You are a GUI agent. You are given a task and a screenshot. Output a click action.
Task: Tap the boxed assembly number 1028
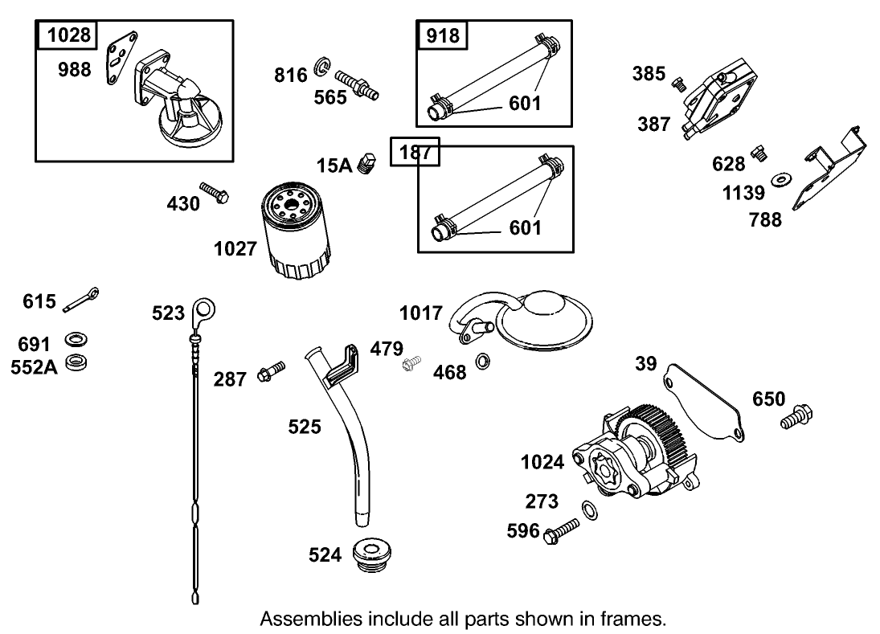(x=67, y=35)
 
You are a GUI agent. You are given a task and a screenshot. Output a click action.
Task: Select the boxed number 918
(x=442, y=35)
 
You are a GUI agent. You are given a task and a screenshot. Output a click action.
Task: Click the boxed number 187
(x=415, y=152)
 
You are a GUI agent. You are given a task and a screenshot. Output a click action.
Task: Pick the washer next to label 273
(x=588, y=509)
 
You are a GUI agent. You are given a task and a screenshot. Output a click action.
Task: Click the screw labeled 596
(x=562, y=531)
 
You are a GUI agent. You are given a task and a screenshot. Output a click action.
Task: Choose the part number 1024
(x=542, y=461)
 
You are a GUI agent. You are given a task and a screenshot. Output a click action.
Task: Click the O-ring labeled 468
(x=482, y=361)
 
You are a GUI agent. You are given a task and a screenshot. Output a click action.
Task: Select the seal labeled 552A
(x=76, y=362)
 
